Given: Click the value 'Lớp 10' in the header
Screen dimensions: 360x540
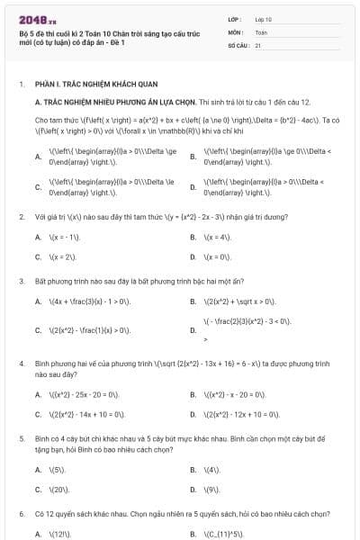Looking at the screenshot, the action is click(264, 18).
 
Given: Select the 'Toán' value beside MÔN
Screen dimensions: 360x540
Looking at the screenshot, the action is click(261, 31).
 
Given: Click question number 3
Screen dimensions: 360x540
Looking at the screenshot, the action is click(22, 281).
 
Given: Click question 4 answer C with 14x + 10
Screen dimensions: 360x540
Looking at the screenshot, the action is click(87, 414).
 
